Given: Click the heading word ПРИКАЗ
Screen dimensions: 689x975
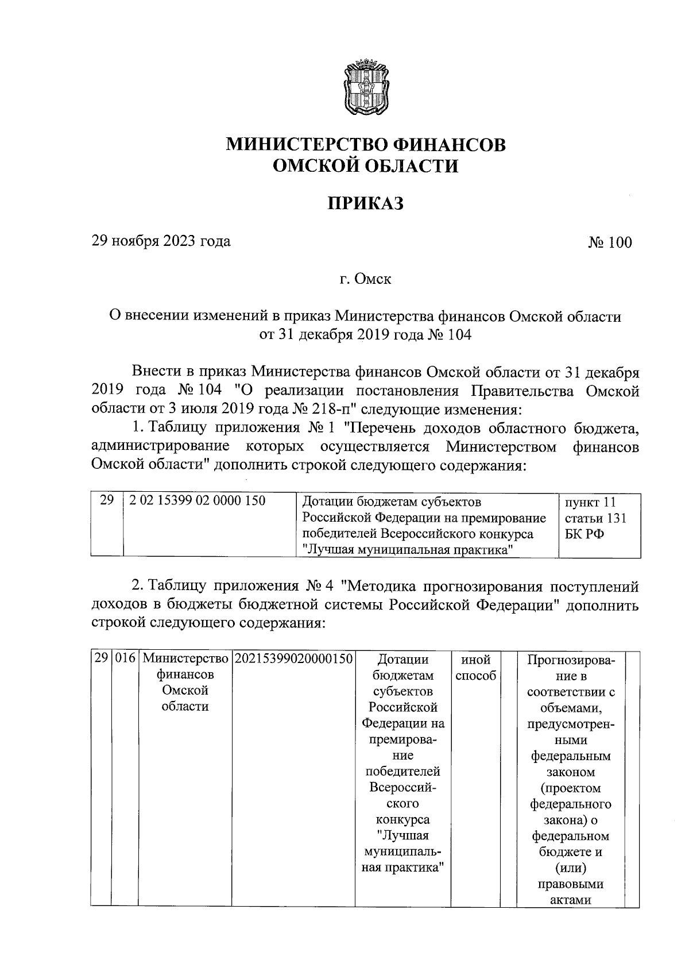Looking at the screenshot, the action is (x=365, y=203).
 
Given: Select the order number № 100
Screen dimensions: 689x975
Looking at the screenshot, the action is (x=609, y=242).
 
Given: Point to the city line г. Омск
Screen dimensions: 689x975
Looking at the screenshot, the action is (x=365, y=280).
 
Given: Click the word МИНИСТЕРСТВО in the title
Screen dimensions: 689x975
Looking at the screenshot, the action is (x=301, y=144).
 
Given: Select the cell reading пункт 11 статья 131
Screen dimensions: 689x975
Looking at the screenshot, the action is (x=595, y=510).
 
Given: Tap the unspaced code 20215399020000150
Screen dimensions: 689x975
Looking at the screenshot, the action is (x=293, y=660).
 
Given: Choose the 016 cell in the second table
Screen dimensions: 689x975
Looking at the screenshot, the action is (x=125, y=660).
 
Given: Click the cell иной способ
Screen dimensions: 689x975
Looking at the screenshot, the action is (x=475, y=668).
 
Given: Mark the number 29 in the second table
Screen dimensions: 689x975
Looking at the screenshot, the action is (x=102, y=660).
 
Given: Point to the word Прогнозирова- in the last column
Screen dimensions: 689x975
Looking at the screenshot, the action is (x=571, y=660).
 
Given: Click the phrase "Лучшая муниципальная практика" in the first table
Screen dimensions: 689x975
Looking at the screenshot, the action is (x=407, y=550).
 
